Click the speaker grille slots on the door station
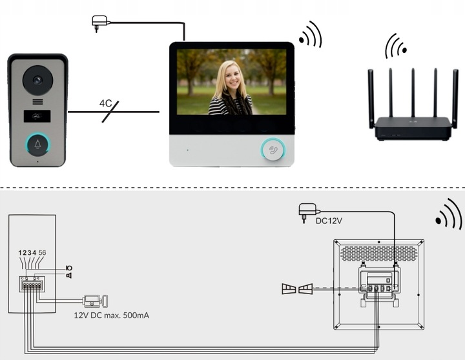click(x=37, y=103)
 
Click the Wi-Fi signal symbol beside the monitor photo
click(x=311, y=35)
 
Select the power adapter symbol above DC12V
click(x=307, y=211)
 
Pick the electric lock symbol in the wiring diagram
click(x=95, y=301)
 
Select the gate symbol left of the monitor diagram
click(x=296, y=289)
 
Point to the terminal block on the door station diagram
click(x=32, y=285)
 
